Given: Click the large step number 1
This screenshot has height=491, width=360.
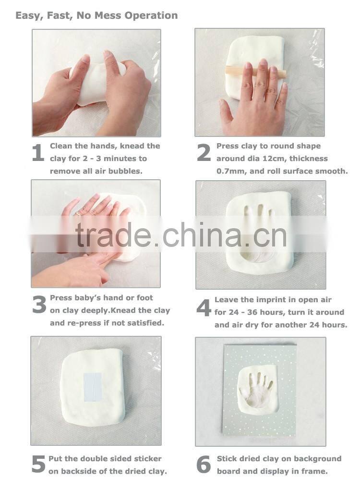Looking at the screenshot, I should (38, 152).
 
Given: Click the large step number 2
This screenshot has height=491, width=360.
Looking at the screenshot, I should (204, 152).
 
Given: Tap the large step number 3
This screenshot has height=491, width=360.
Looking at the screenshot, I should (39, 305).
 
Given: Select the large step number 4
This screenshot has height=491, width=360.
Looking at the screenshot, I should (204, 308).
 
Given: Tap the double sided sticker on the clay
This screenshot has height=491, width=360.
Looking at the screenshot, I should (93, 387).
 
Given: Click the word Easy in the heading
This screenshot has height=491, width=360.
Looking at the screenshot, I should (26, 15).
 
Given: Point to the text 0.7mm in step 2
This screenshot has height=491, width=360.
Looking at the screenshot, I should (230, 171).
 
